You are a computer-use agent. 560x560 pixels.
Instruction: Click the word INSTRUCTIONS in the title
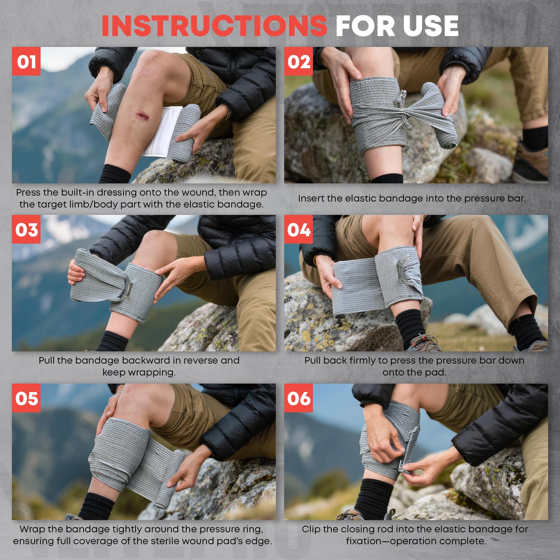[x=214, y=26]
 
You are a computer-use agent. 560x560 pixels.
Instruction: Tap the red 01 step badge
[x=26, y=61]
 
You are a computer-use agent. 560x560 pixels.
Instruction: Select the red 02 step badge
[x=298, y=61]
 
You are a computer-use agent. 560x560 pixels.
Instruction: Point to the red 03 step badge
[x=26, y=230]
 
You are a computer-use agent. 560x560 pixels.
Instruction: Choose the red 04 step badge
[x=298, y=230]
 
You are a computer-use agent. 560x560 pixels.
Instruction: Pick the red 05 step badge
[x=26, y=398]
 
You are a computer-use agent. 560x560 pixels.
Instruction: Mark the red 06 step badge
[x=298, y=398]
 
